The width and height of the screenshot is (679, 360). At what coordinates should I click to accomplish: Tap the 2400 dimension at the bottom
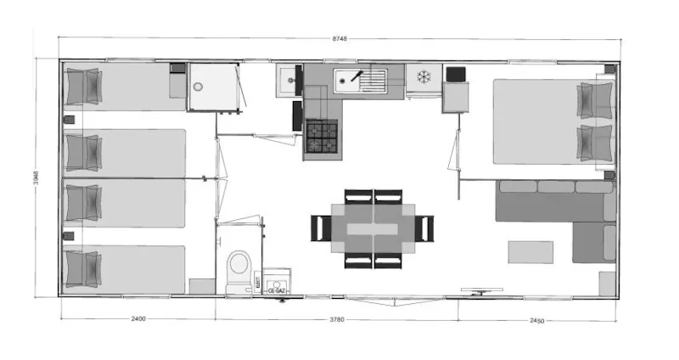tap(138, 320)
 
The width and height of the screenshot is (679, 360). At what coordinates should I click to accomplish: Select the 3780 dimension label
tap(337, 320)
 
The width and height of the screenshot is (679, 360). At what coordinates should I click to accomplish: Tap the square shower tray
tap(212, 87)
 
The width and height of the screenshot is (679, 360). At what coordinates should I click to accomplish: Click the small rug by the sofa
tap(530, 252)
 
